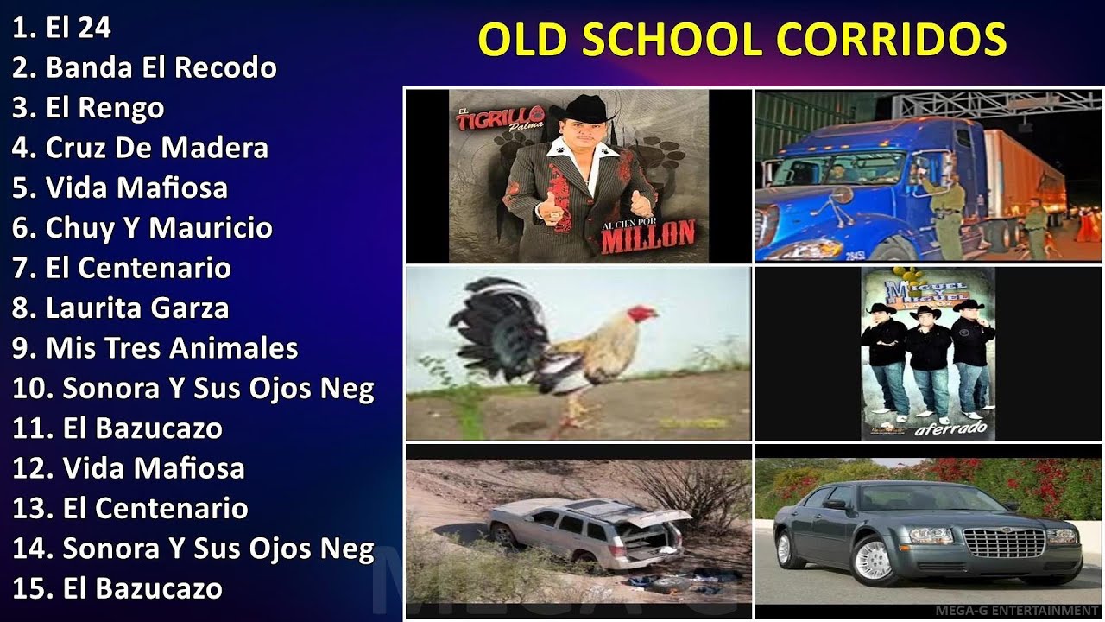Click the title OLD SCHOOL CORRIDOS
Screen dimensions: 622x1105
(x=742, y=39)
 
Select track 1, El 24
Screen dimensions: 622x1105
(x=61, y=28)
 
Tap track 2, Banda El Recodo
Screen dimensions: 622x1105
(x=144, y=67)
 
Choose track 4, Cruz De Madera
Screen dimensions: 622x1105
(x=140, y=148)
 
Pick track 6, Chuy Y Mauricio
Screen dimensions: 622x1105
(x=142, y=228)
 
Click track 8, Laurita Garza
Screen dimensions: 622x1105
(x=121, y=308)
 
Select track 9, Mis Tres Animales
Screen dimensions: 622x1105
(x=155, y=347)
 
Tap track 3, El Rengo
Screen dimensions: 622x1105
(x=88, y=108)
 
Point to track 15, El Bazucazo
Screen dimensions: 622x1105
(x=117, y=588)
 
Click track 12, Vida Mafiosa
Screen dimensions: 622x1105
(x=129, y=468)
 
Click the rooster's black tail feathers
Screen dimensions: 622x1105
(x=492, y=324)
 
